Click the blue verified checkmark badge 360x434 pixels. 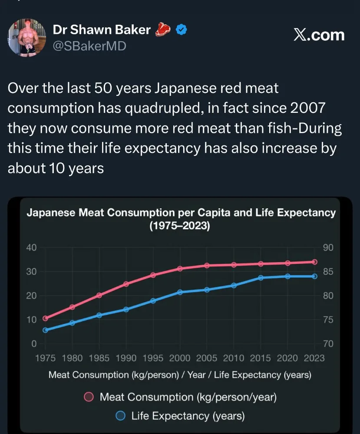click(181, 30)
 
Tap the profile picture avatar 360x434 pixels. click(27, 38)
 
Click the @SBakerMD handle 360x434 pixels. click(89, 46)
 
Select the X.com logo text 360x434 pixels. click(319, 35)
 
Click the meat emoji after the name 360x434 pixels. click(164, 30)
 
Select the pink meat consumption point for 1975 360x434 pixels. click(45, 318)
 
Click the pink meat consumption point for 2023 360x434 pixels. click(314, 262)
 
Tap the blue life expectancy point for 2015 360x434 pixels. click(261, 278)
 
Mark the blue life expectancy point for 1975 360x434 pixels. click(45, 330)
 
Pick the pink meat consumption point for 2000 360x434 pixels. click(180, 269)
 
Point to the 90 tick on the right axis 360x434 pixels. click(328, 248)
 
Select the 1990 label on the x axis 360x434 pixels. click(126, 358)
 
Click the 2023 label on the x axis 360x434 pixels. click(314, 358)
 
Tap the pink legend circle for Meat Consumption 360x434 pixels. click(89, 397)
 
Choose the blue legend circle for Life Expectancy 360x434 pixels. click(121, 416)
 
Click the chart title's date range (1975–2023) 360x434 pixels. click(180, 226)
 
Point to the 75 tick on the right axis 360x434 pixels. click(328, 320)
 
